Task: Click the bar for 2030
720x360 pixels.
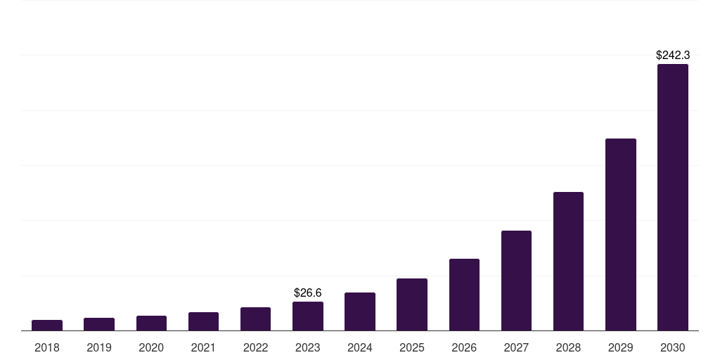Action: [672, 197]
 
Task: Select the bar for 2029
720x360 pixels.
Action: [620, 234]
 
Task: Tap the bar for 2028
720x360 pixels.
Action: [568, 261]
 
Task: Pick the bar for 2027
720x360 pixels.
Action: [516, 281]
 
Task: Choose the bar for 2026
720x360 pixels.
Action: [464, 295]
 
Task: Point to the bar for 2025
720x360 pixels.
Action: [412, 304]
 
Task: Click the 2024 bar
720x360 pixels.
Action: [360, 311]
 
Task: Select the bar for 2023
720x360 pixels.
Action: [308, 316]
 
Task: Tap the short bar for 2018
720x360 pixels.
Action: [47, 325]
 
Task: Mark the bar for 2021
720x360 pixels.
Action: [203, 321]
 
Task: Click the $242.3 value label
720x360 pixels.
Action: [672, 55]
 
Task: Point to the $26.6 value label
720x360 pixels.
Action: [308, 292]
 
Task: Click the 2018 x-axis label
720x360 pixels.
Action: [47, 347]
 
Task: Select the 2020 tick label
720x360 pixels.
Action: [151, 347]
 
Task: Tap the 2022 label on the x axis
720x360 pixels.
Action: [255, 347]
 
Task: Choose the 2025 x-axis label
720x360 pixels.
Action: [412, 347]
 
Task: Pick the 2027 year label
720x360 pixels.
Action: [516, 347]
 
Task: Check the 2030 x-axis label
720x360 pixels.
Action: [672, 347]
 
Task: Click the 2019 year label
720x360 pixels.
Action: [99, 347]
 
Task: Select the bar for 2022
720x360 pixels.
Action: [255, 319]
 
